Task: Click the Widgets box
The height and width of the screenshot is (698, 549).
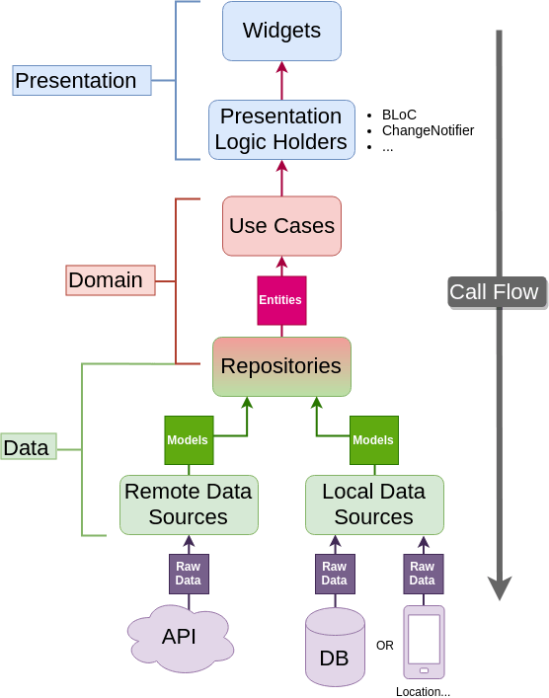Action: (x=281, y=31)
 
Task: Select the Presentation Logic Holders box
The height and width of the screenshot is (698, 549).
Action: (x=281, y=129)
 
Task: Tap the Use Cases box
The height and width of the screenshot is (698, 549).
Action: (x=281, y=226)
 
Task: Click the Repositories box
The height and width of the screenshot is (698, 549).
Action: (x=281, y=366)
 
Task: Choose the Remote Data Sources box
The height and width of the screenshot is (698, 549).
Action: (x=189, y=504)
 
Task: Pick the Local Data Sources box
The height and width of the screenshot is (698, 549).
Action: (x=374, y=504)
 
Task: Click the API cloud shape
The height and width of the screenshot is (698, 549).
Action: (x=181, y=637)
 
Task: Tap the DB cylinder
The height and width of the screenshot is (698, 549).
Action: (x=335, y=648)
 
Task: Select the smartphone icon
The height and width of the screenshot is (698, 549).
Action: (x=424, y=643)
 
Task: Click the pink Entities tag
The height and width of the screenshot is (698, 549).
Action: (x=280, y=300)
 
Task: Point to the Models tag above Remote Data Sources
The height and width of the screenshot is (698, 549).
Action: (x=188, y=440)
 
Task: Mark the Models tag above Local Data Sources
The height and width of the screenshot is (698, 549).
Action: (x=373, y=440)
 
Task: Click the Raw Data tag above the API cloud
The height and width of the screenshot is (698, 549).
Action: (x=188, y=574)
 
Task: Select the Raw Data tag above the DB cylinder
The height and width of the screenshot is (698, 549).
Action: (x=335, y=574)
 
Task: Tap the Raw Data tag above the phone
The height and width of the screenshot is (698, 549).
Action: (x=423, y=574)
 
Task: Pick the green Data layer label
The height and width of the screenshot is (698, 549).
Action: (x=27, y=448)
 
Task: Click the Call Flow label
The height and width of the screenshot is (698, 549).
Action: (x=496, y=292)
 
